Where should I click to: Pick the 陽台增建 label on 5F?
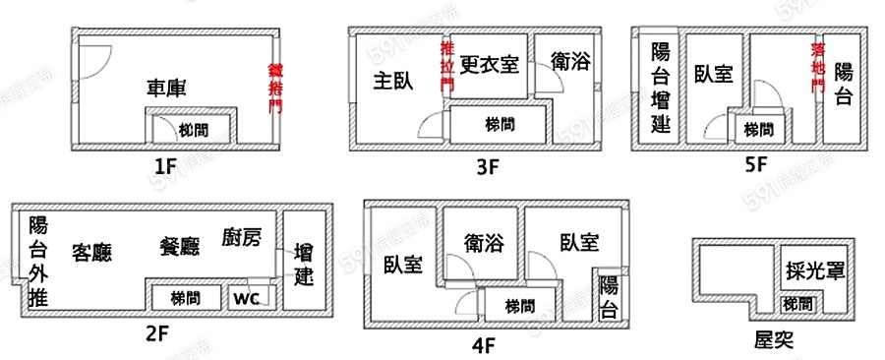(x=661, y=89)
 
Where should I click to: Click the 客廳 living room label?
(x=91, y=252)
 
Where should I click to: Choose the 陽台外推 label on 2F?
(x=38, y=261)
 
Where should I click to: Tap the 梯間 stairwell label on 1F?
(x=192, y=129)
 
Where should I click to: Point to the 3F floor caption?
(x=489, y=166)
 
